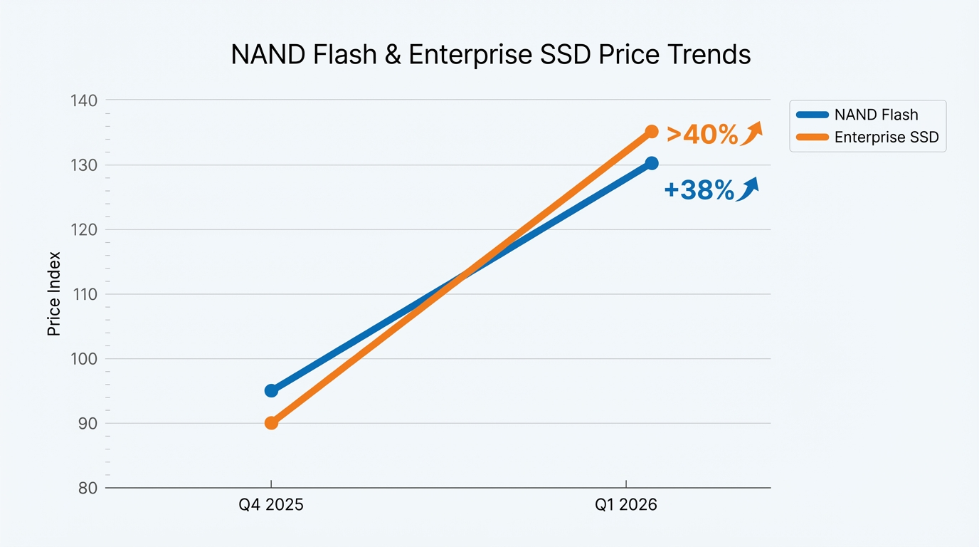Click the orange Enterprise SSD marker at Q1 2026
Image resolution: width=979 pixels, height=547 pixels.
click(652, 132)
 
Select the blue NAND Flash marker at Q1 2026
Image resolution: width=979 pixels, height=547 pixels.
click(652, 163)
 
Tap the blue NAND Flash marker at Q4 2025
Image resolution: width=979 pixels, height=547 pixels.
click(271, 390)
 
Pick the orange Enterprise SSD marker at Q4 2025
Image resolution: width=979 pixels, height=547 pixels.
click(271, 423)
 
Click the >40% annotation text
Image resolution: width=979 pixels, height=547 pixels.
click(702, 134)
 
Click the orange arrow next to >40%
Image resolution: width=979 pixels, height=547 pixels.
click(752, 133)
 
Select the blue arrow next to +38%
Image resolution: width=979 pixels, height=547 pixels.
click(747, 189)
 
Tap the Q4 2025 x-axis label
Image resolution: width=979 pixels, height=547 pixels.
click(271, 506)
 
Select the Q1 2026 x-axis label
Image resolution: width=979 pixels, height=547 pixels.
click(626, 506)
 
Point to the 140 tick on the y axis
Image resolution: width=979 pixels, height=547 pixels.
click(85, 100)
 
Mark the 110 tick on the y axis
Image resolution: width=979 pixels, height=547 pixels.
click(85, 294)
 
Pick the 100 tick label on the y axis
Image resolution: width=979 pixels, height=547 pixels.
click(85, 359)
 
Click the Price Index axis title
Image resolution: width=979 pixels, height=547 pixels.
click(53, 294)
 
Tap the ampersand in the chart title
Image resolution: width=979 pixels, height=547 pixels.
click(392, 55)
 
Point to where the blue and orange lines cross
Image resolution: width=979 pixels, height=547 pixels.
click(461, 277)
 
